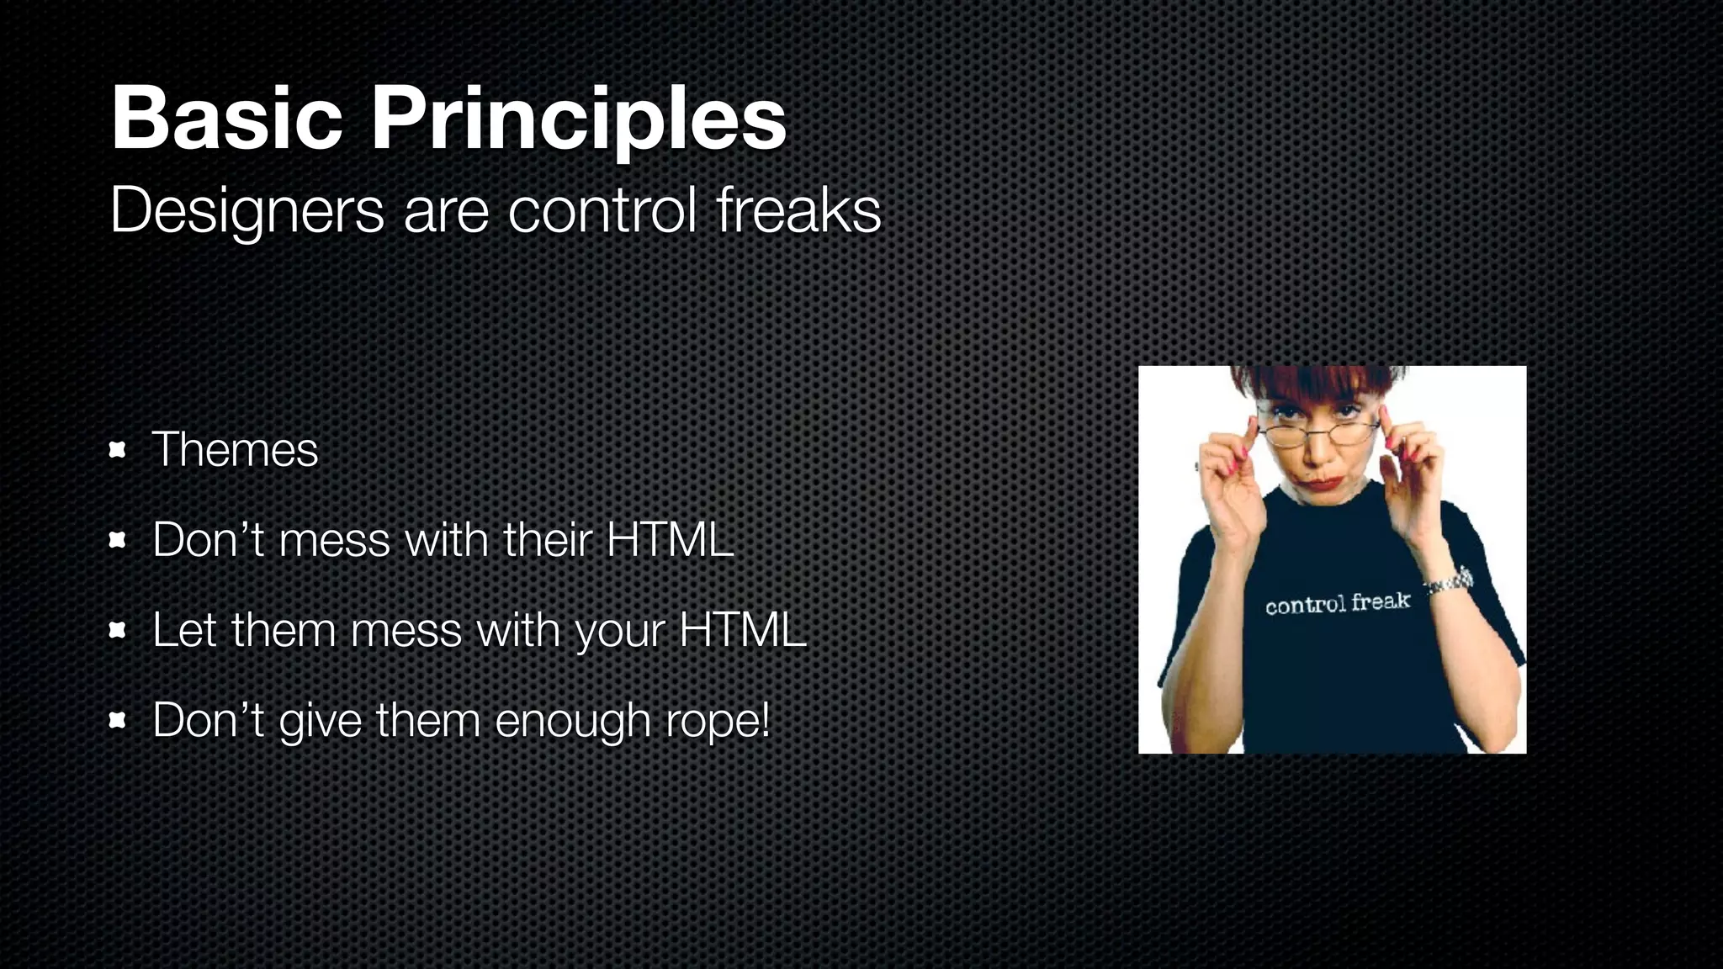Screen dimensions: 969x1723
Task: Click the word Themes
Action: click(235, 449)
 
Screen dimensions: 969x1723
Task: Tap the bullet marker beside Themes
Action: click(118, 450)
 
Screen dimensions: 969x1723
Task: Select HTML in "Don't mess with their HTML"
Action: click(670, 539)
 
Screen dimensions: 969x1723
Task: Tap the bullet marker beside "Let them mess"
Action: click(118, 630)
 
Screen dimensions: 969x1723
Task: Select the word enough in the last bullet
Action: click(573, 721)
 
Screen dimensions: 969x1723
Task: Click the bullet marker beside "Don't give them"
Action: click(118, 720)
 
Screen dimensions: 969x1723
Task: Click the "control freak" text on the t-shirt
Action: click(1337, 603)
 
